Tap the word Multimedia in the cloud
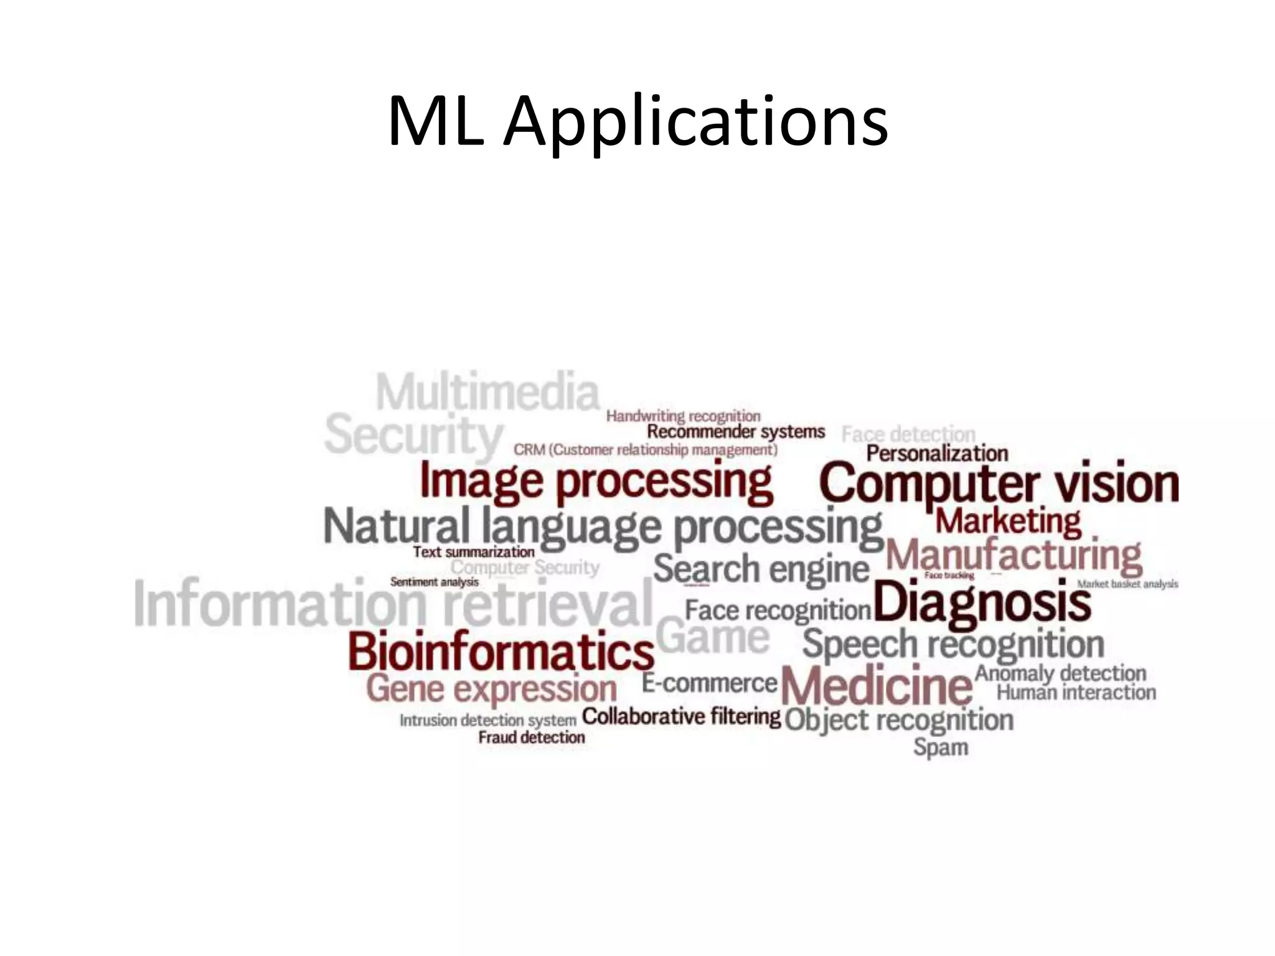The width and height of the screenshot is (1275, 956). pyautogui.click(x=487, y=392)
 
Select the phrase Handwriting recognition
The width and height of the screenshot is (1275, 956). pyautogui.click(x=683, y=416)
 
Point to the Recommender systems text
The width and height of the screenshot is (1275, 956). pyautogui.click(x=735, y=431)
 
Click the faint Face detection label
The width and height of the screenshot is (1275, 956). pyautogui.click(x=908, y=434)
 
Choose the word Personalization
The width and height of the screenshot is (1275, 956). pyautogui.click(x=936, y=453)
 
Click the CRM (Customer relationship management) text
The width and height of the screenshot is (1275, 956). pyautogui.click(x=645, y=449)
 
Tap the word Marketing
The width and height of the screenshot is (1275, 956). pyautogui.click(x=1008, y=521)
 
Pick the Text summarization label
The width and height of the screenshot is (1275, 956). pyautogui.click(x=473, y=552)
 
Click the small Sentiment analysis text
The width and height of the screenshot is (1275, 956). pyautogui.click(x=434, y=582)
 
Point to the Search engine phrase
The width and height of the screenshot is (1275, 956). pyautogui.click(x=760, y=569)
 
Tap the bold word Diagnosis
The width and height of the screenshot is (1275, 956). pyautogui.click(x=982, y=602)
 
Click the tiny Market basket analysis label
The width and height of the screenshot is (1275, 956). pyautogui.click(x=1127, y=584)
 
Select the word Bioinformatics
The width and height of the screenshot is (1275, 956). pyautogui.click(x=501, y=650)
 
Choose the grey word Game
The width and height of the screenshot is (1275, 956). pyautogui.click(x=713, y=637)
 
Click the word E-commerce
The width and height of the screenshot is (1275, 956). pyautogui.click(x=709, y=683)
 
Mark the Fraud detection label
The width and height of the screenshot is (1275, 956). pyautogui.click(x=531, y=738)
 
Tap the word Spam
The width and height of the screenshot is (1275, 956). pyautogui.click(x=940, y=747)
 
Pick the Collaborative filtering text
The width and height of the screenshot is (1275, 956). pyautogui.click(x=680, y=716)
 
